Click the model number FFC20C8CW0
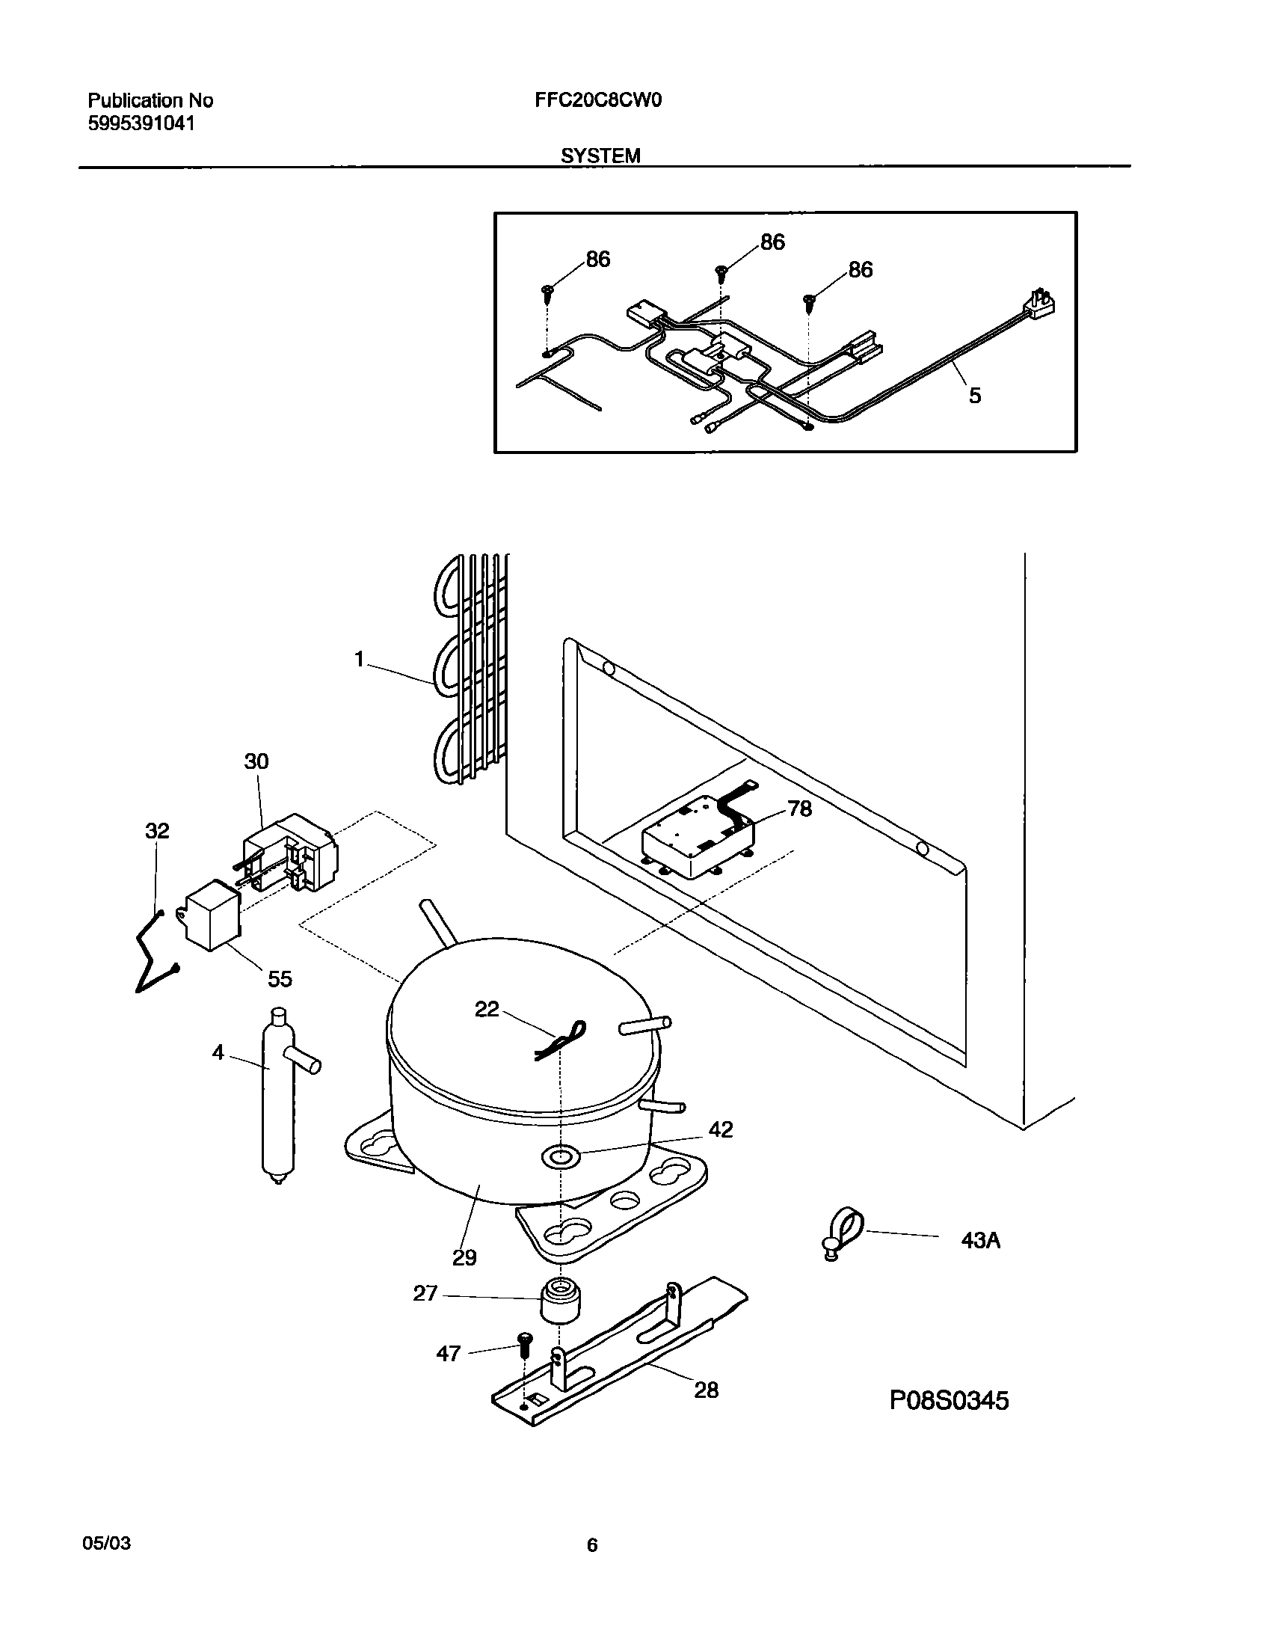pos(598,100)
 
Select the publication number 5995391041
pos(141,124)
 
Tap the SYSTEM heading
pos(600,156)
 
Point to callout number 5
pos(975,396)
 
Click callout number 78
pos(799,809)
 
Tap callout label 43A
pos(980,1241)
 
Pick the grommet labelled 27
pos(561,1299)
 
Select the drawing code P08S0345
pos(949,1400)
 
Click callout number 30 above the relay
pos(256,761)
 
